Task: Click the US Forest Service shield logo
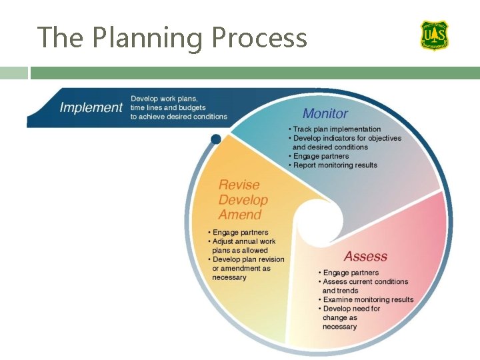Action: pyautogui.click(x=434, y=35)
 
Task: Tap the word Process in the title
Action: pyautogui.click(x=259, y=37)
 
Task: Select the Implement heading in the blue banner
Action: pyautogui.click(x=91, y=107)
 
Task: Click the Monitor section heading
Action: pyautogui.click(x=325, y=114)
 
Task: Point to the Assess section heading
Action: pyautogui.click(x=365, y=257)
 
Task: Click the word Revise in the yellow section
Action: pyautogui.click(x=239, y=185)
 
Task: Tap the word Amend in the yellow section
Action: pyautogui.click(x=240, y=215)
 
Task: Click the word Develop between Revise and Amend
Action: pyautogui.click(x=243, y=200)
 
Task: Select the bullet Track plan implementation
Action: pyautogui.click(x=337, y=129)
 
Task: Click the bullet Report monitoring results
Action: pyautogui.click(x=335, y=165)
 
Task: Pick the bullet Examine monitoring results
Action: pyautogui.click(x=368, y=300)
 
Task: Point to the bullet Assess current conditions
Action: pyautogui.click(x=365, y=282)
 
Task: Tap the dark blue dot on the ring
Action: pyautogui.click(x=215, y=139)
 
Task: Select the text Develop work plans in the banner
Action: pyautogui.click(x=163, y=99)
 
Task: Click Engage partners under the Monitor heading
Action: pyautogui.click(x=321, y=157)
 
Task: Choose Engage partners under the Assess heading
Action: pyautogui.click(x=351, y=273)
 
